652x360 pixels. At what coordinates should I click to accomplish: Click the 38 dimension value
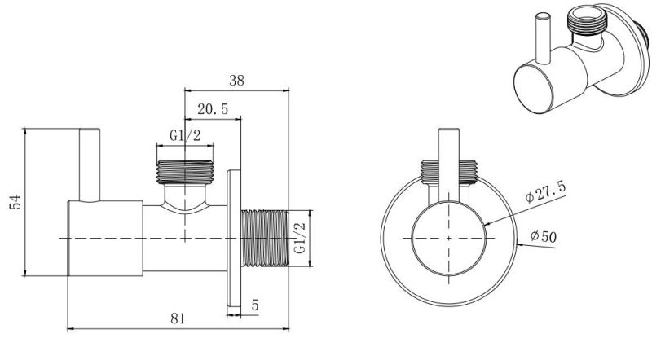click(236, 81)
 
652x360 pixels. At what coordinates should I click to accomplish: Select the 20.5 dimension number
click(213, 109)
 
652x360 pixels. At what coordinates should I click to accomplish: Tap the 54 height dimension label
click(15, 202)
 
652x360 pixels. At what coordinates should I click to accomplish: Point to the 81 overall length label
click(178, 318)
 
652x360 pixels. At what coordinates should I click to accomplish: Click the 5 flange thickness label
click(255, 305)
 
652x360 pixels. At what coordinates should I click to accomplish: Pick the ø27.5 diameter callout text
click(545, 191)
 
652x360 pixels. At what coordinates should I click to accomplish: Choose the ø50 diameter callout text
click(544, 237)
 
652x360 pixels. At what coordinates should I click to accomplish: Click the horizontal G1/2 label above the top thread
click(185, 135)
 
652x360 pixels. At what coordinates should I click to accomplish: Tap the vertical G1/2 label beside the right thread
click(299, 238)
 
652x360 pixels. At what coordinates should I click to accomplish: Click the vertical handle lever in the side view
click(90, 165)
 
